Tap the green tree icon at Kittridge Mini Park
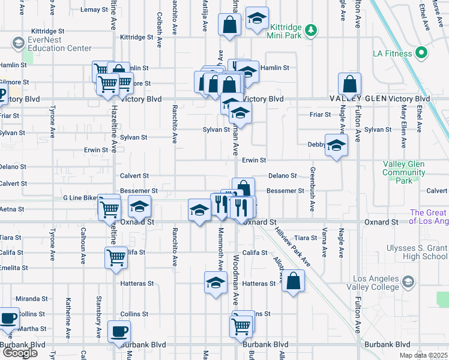pos(310,29)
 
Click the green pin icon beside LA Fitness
pos(421,53)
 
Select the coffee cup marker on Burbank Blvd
pos(119,331)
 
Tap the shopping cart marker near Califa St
pos(116,257)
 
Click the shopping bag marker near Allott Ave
pos(293,280)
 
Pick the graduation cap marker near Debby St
pos(336,144)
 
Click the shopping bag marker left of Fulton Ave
pos(349,83)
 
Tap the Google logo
pos(20,353)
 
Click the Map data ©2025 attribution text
pos(424,355)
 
